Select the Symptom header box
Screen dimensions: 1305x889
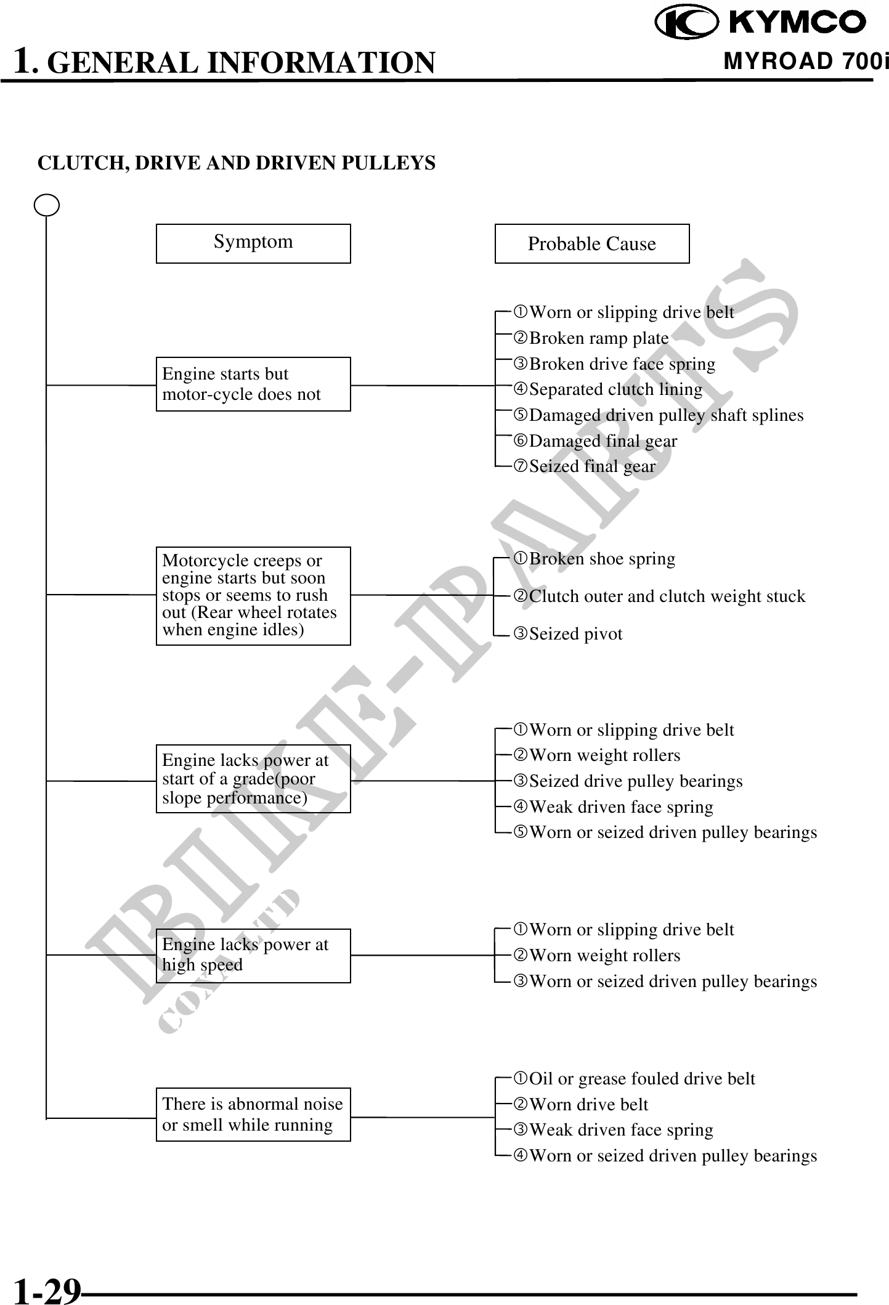coord(253,243)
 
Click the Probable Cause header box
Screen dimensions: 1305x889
coord(591,244)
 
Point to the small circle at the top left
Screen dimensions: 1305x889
coord(47,205)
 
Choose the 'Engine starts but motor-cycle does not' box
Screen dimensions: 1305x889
coord(253,384)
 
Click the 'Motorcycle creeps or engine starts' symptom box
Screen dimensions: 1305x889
coord(253,595)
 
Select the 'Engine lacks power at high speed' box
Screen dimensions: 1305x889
coord(253,955)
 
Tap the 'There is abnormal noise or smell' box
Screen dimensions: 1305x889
coord(253,1114)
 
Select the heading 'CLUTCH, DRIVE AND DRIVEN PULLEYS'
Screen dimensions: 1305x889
coord(237,163)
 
